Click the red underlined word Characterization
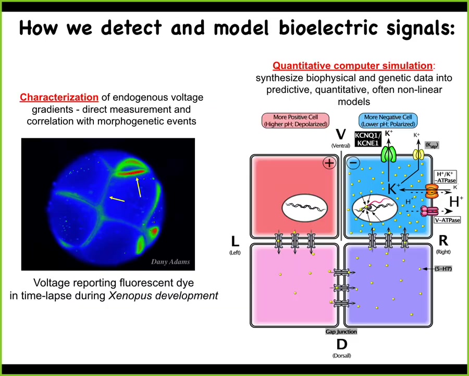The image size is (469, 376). pyautogui.click(x=59, y=97)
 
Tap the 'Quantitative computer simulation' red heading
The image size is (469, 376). pyautogui.click(x=352, y=66)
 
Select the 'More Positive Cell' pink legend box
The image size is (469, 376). pyautogui.click(x=295, y=121)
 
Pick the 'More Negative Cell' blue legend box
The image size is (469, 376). pyautogui.click(x=388, y=121)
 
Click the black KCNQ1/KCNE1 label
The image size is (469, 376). pyautogui.click(x=368, y=139)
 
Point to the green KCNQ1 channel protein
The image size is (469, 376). pyautogui.click(x=389, y=155)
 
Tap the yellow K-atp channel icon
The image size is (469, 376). pyautogui.click(x=418, y=155)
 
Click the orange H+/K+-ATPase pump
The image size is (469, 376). pyautogui.click(x=431, y=192)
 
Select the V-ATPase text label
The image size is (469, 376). pyautogui.click(x=447, y=220)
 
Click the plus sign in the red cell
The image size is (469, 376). pyautogui.click(x=329, y=163)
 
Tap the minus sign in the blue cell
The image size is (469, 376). pyautogui.click(x=353, y=163)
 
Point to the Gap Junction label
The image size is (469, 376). pyautogui.click(x=341, y=332)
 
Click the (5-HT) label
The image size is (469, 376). pyautogui.click(x=443, y=269)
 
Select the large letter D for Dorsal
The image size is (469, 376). pyautogui.click(x=342, y=344)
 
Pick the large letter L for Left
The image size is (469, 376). pyautogui.click(x=235, y=241)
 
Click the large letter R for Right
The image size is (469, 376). pyautogui.click(x=443, y=241)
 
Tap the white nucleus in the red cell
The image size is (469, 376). pyautogui.click(x=305, y=207)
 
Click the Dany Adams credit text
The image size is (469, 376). pyautogui.click(x=170, y=262)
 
